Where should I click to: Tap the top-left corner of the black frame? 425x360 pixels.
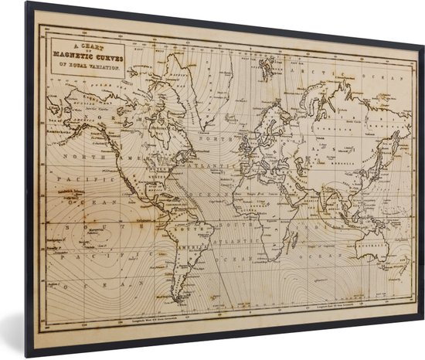pos(27,5)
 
